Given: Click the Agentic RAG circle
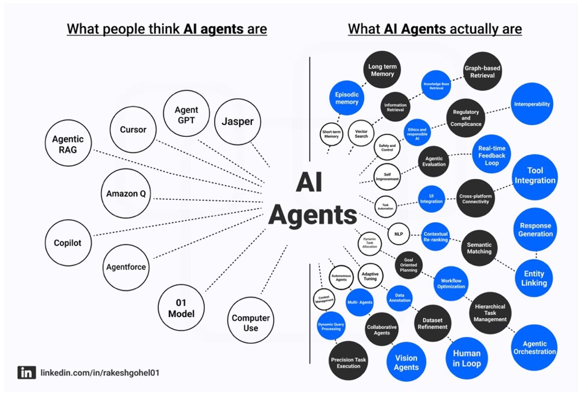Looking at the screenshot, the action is pyautogui.click(x=68, y=144).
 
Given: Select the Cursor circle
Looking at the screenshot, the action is pyautogui.click(x=133, y=130).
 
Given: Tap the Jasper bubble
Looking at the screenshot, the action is pyautogui.click(x=238, y=121).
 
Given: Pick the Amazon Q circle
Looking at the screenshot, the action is pyautogui.click(x=126, y=193).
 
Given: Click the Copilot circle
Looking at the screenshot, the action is pyautogui.click(x=68, y=243).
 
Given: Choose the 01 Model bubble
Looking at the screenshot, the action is pyautogui.click(x=181, y=308).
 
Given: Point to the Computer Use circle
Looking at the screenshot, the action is pyautogui.click(x=251, y=322).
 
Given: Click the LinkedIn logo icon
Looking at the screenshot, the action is pyautogui.click(x=27, y=373).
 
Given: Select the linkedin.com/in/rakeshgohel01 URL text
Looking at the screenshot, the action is pyautogui.click(x=100, y=373).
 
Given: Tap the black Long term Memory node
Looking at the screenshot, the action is pyautogui.click(x=382, y=70).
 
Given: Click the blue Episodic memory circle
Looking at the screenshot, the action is pyautogui.click(x=347, y=98).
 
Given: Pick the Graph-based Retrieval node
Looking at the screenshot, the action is pyautogui.click(x=482, y=72).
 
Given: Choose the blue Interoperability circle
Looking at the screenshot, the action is pyautogui.click(x=532, y=104).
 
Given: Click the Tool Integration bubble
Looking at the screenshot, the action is pyautogui.click(x=535, y=176).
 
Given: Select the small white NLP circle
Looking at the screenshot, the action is pyautogui.click(x=399, y=234).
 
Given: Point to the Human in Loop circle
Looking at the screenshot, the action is pyautogui.click(x=467, y=358).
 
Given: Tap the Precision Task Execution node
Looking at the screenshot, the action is pyautogui.click(x=348, y=362).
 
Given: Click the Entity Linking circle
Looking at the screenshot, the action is pyautogui.click(x=534, y=278).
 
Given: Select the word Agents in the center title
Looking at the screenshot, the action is pyautogui.click(x=313, y=215).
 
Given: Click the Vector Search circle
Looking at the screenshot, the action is pyautogui.click(x=361, y=133).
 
